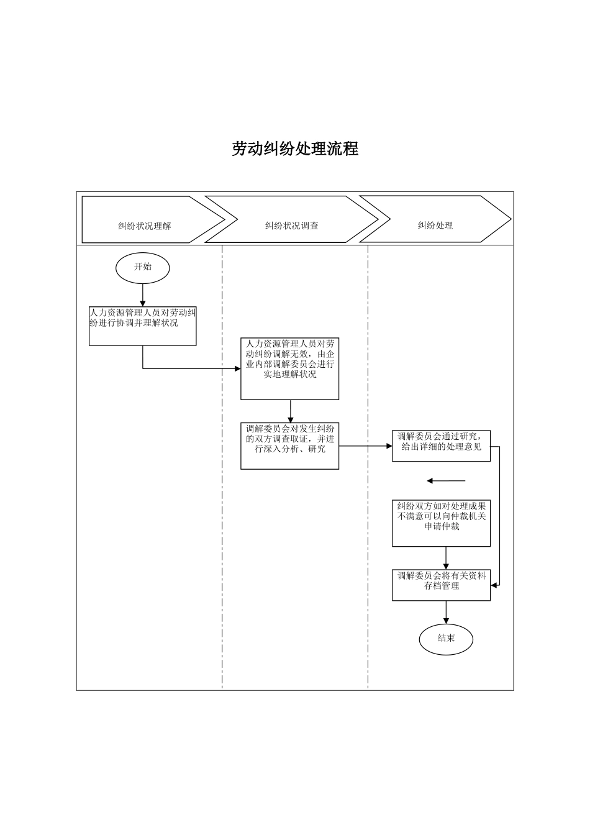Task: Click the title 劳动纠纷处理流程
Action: [x=295, y=149]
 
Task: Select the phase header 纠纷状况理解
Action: [x=145, y=226]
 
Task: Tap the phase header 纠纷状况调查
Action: [x=291, y=226]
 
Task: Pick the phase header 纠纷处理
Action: [x=435, y=225]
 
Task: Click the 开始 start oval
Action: [x=143, y=267]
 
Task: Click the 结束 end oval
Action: [x=446, y=639]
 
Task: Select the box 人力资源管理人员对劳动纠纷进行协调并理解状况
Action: [x=143, y=326]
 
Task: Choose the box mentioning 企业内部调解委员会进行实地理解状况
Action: [x=290, y=368]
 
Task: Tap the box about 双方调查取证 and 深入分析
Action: [x=290, y=445]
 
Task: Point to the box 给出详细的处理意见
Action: [x=441, y=445]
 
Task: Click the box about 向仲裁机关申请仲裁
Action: [x=441, y=523]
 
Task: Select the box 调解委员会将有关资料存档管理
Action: [x=441, y=585]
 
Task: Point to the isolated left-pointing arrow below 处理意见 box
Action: [x=445, y=481]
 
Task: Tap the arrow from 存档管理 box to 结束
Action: [x=446, y=612]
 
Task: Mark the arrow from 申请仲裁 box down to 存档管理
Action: [x=446, y=557]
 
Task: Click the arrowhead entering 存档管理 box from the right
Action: [x=494, y=585]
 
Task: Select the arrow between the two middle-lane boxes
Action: [x=290, y=411]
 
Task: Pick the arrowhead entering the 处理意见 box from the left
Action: [x=388, y=446]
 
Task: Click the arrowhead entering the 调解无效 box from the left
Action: [x=237, y=368]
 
